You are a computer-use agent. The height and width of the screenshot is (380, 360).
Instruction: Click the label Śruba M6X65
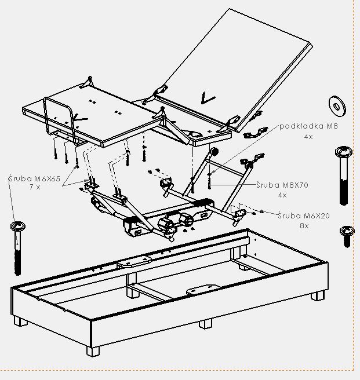35,179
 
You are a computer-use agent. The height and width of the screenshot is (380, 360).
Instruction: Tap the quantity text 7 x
35,188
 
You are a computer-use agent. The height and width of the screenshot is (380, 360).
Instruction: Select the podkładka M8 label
308,126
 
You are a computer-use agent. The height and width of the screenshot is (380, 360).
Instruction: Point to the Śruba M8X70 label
282,185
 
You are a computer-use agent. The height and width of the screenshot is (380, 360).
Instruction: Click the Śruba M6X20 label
303,215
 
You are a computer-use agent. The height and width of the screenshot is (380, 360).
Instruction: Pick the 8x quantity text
304,225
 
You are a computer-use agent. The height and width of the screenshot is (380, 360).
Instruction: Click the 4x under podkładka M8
308,136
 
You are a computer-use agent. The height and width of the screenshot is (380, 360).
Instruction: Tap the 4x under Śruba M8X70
282,195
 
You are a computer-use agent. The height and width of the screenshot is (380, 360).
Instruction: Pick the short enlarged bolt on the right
347,235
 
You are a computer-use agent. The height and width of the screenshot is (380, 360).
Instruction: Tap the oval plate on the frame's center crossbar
203,288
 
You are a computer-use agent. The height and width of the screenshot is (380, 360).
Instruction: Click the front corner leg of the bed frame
93,350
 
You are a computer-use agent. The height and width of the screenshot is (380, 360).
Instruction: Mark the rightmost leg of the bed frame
317,295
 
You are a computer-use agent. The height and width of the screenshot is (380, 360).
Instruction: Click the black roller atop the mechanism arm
214,151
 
